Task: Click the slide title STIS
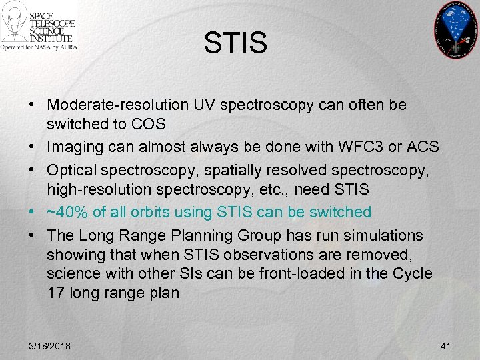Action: [235, 43]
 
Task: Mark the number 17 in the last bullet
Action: [55, 293]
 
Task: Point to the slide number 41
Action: [446, 347]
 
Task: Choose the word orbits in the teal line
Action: [155, 212]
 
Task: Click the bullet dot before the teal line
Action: [32, 212]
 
